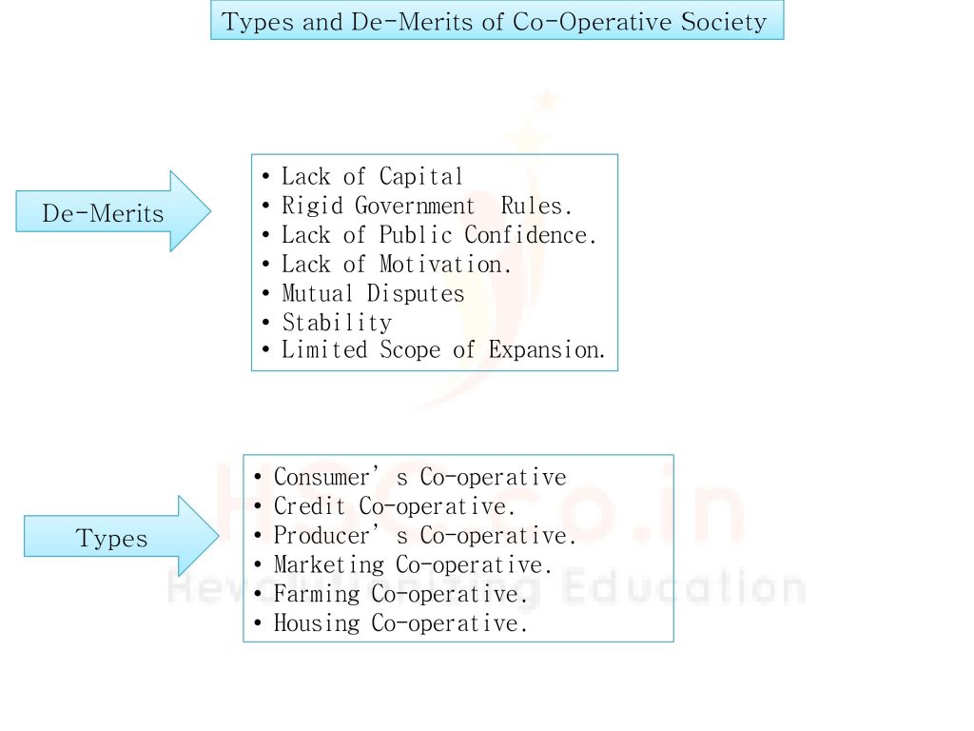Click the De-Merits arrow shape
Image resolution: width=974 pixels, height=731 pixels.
(x=105, y=212)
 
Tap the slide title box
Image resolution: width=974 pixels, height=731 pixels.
(x=496, y=21)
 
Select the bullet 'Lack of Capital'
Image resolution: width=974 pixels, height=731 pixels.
(x=372, y=177)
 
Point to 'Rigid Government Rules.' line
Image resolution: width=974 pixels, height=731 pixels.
(x=427, y=206)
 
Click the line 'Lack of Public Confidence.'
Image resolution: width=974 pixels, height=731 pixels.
(x=438, y=235)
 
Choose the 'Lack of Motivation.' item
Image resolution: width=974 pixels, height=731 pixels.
(x=396, y=265)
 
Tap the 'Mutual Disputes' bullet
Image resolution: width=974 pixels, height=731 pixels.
(x=373, y=293)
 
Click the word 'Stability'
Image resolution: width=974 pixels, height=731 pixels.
(x=337, y=323)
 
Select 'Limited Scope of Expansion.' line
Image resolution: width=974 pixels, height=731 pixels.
(x=443, y=350)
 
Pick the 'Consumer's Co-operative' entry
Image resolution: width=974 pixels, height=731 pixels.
(x=419, y=477)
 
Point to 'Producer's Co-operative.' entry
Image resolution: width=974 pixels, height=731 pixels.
(x=425, y=536)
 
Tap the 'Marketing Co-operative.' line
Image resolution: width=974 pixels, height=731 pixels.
(x=413, y=565)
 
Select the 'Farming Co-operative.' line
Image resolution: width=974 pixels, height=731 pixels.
(x=400, y=595)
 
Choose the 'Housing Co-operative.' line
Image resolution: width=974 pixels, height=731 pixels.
(x=400, y=624)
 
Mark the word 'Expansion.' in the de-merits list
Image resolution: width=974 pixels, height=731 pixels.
(x=547, y=350)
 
